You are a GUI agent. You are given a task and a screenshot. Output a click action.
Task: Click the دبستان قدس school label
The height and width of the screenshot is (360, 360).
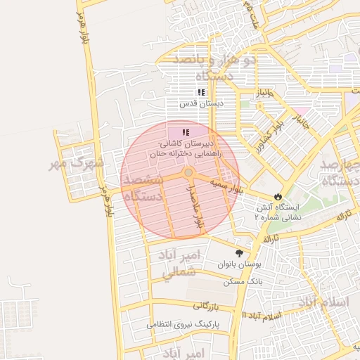pos(200,103)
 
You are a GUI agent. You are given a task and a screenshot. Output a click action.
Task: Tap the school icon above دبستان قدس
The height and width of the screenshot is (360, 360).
pos(201,92)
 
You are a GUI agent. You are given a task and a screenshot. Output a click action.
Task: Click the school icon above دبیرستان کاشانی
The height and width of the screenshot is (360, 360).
pos(186,132)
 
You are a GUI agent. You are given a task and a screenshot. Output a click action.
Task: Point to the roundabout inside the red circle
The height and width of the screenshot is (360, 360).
pos(188,173)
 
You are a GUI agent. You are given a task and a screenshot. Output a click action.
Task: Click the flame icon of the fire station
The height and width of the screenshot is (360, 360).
pos(279,196)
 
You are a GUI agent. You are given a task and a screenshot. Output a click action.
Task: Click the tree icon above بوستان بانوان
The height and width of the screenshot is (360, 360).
pos(240,253)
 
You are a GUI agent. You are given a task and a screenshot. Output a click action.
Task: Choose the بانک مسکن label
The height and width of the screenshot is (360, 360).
pos(243,281)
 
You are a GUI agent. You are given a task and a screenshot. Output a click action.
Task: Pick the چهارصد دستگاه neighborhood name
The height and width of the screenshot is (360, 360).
pos(340,173)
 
